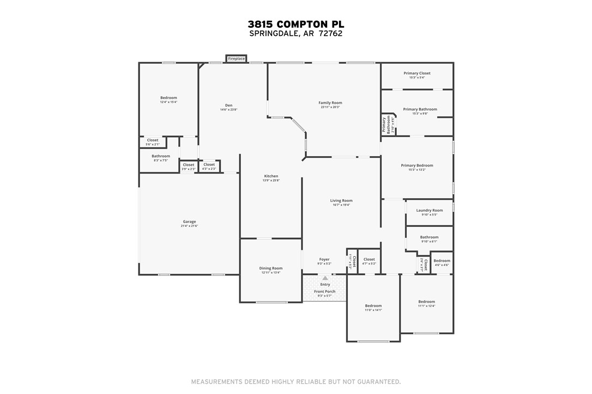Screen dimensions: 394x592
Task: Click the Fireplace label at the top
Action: click(x=236, y=58)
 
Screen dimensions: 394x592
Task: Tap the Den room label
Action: click(x=229, y=106)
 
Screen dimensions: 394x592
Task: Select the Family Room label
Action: click(x=330, y=103)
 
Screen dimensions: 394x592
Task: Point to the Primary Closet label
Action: click(x=417, y=73)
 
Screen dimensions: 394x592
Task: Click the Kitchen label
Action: click(x=271, y=176)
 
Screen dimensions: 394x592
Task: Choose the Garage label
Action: click(x=189, y=221)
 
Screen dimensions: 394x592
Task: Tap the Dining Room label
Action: click(x=270, y=268)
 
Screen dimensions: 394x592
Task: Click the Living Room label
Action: click(x=341, y=200)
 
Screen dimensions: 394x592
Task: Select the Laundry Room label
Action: click(x=430, y=210)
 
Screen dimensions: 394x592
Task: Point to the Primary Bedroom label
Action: click(x=417, y=165)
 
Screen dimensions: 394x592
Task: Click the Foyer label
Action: click(x=324, y=260)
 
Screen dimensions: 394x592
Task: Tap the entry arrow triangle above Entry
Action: click(x=325, y=278)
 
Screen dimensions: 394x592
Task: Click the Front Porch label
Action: click(x=325, y=291)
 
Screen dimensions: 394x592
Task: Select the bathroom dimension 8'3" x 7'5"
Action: click(x=161, y=161)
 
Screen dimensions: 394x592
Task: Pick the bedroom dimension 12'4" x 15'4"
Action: click(x=168, y=102)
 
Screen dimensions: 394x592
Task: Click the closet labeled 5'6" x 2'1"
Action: click(x=153, y=144)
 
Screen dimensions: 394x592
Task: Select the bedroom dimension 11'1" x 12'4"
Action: click(x=426, y=306)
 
